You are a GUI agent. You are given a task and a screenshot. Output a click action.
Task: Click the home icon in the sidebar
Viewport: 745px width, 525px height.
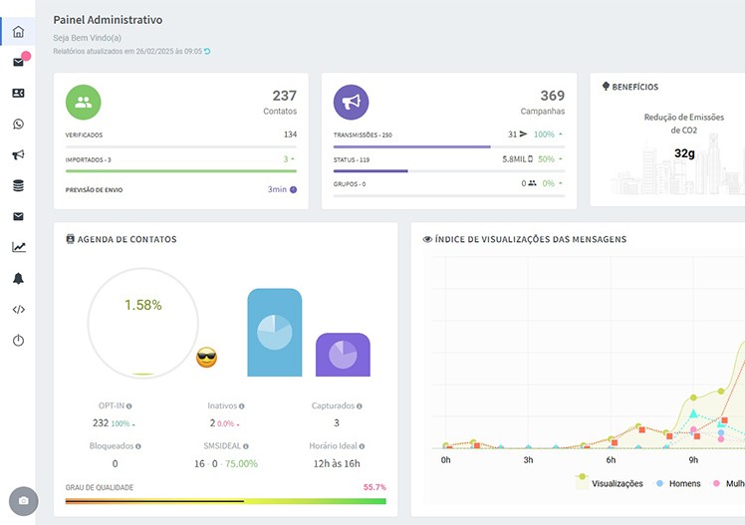coord(18,32)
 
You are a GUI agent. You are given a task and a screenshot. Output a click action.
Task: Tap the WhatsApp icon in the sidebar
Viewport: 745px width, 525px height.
coord(18,125)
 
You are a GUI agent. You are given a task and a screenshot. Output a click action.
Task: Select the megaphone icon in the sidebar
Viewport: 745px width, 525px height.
coord(18,155)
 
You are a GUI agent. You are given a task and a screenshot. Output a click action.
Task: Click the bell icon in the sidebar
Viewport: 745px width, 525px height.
coord(18,278)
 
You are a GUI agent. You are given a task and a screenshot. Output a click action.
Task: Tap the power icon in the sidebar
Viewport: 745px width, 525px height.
coord(18,341)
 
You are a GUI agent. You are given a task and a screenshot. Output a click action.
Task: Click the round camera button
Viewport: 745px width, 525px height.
coord(23,500)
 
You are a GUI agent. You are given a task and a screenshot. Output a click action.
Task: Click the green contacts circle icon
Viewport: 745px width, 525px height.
coord(84,102)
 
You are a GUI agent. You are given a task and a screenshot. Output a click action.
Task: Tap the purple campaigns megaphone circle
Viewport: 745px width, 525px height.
coord(351,102)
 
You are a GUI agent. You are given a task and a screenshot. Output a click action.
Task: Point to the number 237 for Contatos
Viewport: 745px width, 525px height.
coord(284,96)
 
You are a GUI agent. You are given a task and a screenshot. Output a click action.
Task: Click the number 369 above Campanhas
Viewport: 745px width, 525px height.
coord(552,96)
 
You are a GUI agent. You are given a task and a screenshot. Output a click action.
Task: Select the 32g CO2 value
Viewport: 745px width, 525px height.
coord(684,153)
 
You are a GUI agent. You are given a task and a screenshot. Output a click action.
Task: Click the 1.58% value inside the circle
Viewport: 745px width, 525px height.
coord(143,305)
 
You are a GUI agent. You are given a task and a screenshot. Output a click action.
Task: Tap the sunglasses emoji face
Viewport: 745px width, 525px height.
coord(206,357)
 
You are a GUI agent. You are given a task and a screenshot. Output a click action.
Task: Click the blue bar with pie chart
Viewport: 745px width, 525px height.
coord(274,333)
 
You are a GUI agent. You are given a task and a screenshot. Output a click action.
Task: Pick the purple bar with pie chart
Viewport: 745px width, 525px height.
coord(343,355)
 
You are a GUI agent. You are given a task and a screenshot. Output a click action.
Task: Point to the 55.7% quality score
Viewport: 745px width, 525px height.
coord(374,487)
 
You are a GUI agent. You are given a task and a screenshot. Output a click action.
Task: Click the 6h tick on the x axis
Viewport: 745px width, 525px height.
coord(610,460)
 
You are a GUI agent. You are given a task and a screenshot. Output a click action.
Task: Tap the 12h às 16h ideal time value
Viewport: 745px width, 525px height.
coord(337,463)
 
